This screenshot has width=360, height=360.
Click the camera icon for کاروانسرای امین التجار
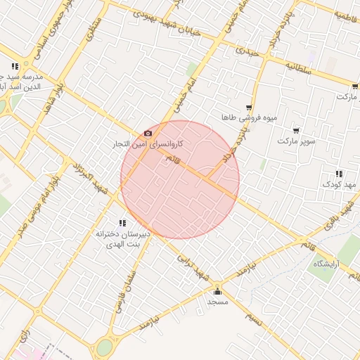tap(148, 133)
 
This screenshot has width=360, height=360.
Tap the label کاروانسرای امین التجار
tap(150, 144)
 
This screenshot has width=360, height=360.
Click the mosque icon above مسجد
tap(217, 292)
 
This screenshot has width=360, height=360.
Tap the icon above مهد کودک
tap(339, 174)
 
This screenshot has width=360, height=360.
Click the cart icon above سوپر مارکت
tap(296, 130)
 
